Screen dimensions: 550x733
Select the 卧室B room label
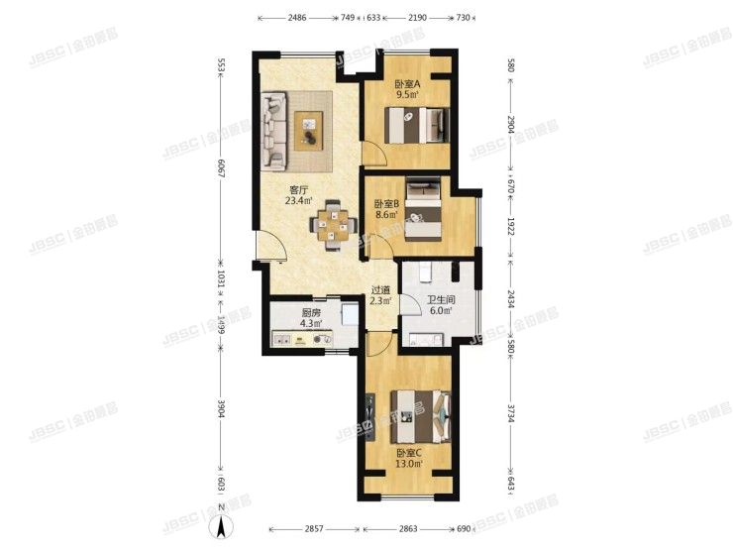[386, 205]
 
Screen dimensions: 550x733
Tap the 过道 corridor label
[380, 290]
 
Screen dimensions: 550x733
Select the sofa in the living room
[273, 130]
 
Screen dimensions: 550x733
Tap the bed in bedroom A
[418, 126]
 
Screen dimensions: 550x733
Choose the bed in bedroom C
[419, 412]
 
